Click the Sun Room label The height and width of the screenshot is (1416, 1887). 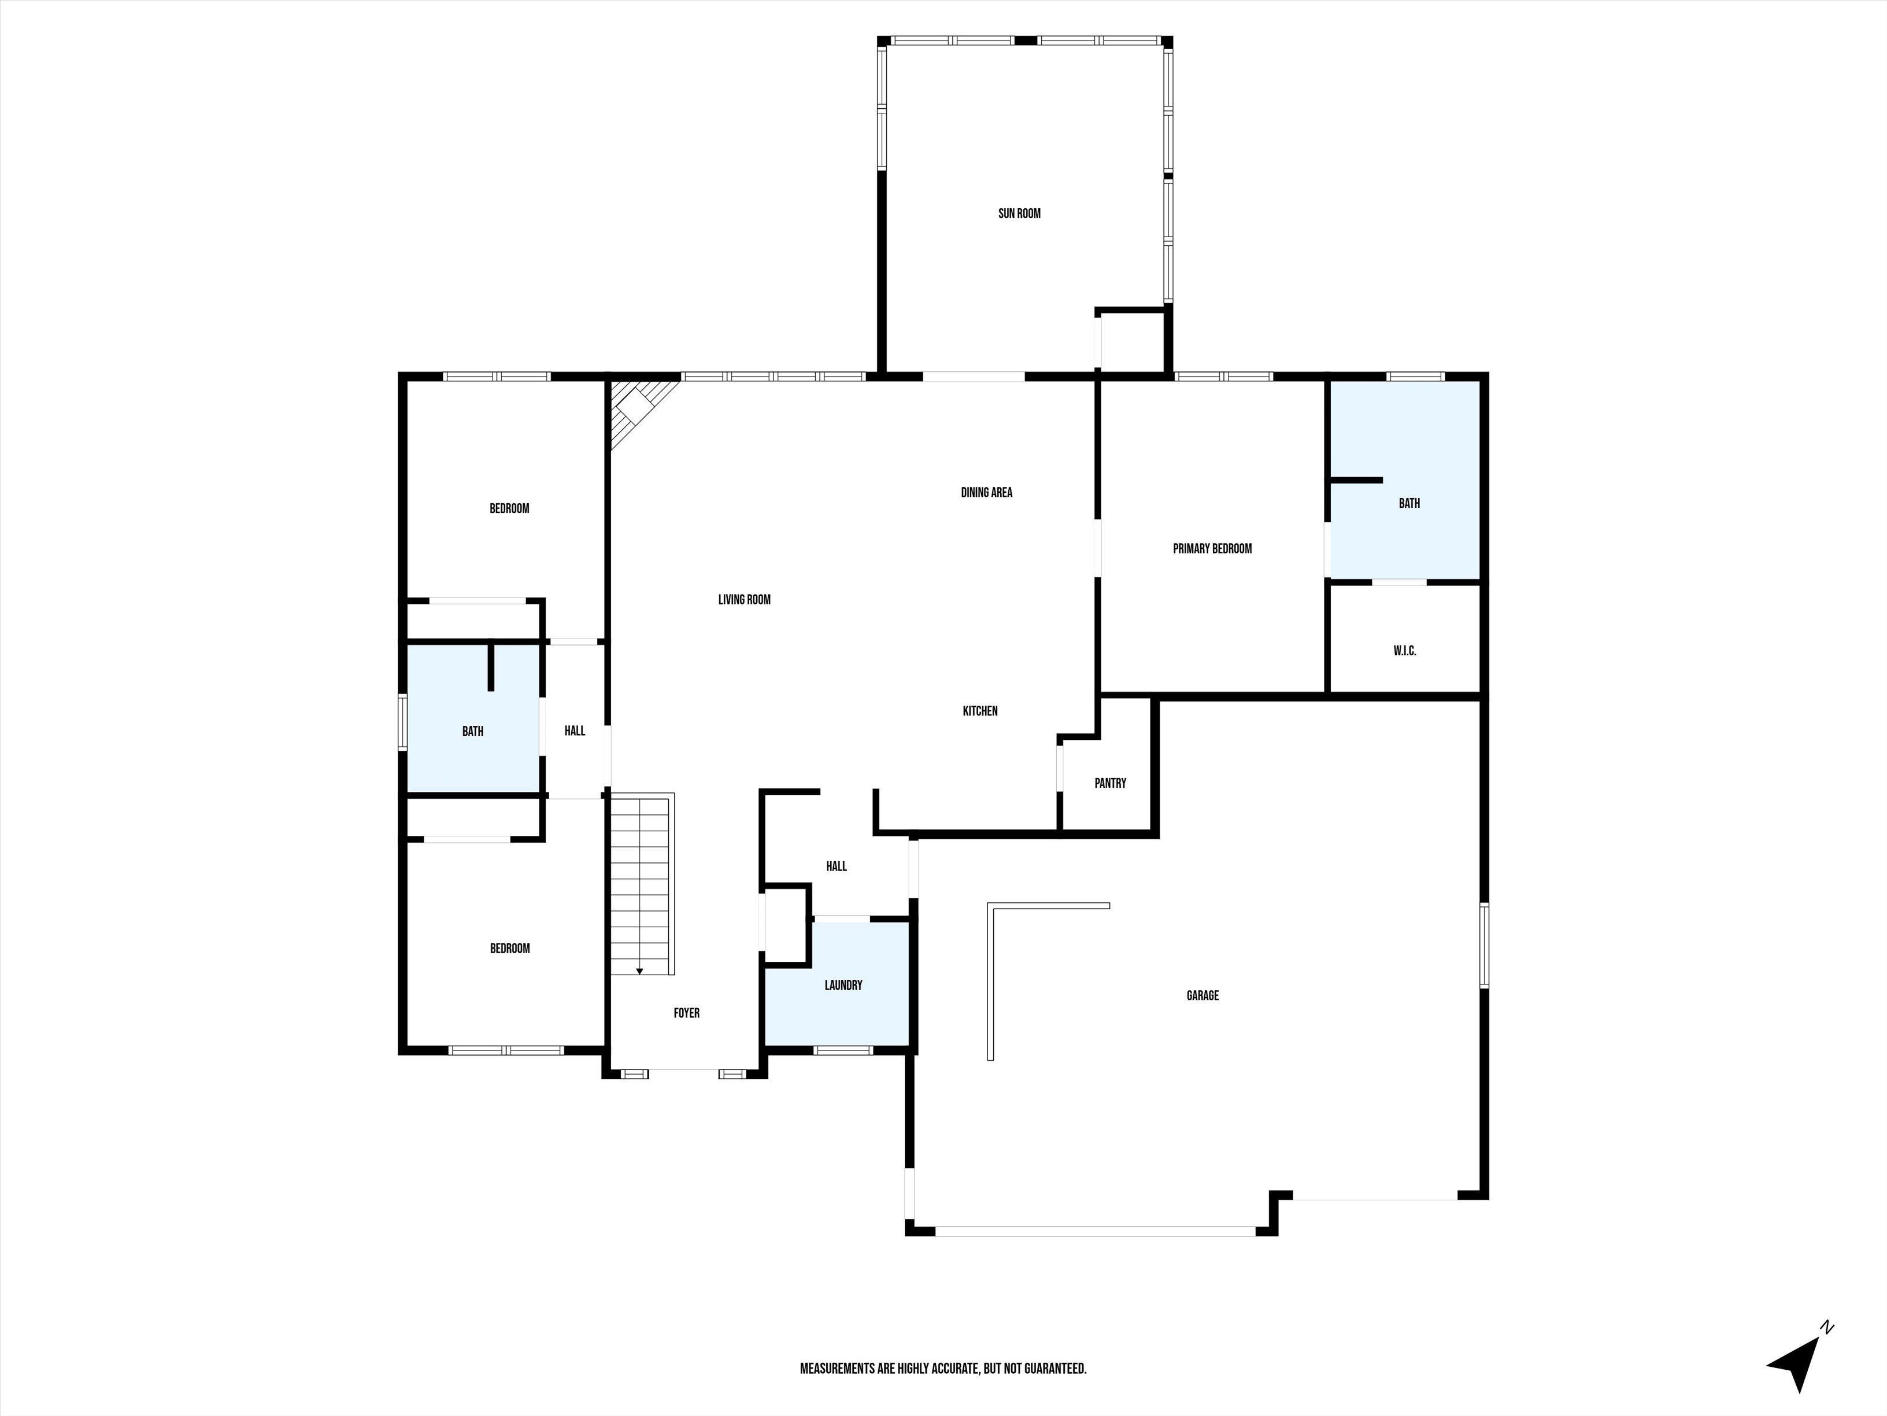(1019, 213)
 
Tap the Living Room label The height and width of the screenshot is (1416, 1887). (744, 599)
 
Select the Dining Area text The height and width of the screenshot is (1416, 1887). (986, 492)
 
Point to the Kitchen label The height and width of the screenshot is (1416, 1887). (980, 711)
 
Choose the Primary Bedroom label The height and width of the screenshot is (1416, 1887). (1212, 549)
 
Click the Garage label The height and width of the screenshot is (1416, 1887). (1202, 995)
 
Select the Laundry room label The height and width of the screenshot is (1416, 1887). (843, 985)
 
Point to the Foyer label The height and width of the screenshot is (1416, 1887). (687, 1013)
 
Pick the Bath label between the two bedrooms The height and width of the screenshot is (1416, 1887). (472, 732)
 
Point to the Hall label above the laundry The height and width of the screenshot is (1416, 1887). (836, 866)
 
